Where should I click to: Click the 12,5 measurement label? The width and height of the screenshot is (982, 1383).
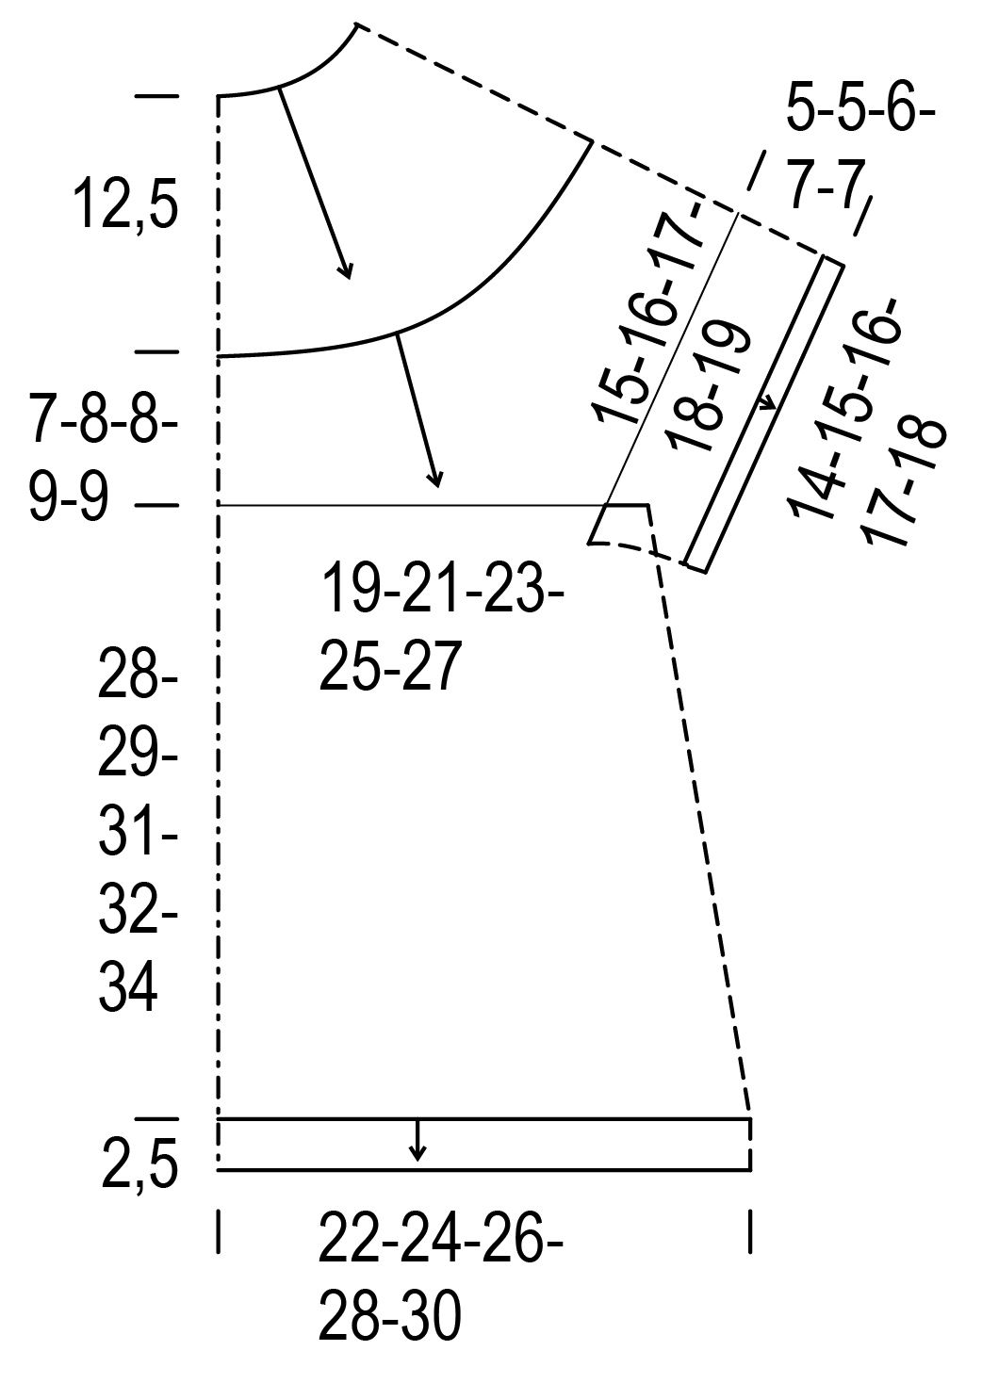pyautogui.click(x=126, y=203)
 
